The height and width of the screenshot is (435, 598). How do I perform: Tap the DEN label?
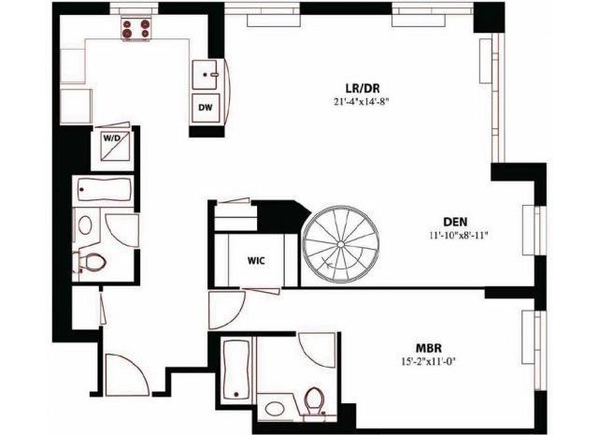[455, 222]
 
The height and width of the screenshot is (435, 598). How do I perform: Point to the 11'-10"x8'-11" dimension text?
[455, 236]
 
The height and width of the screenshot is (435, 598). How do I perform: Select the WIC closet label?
[259, 260]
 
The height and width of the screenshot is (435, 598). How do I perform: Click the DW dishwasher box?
[206, 108]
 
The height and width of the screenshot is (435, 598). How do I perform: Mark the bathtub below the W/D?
[104, 191]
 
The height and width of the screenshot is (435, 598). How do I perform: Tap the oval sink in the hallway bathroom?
[85, 225]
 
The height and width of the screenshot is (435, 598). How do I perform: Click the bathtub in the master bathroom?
[237, 370]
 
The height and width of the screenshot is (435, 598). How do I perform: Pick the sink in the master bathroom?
[275, 408]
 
